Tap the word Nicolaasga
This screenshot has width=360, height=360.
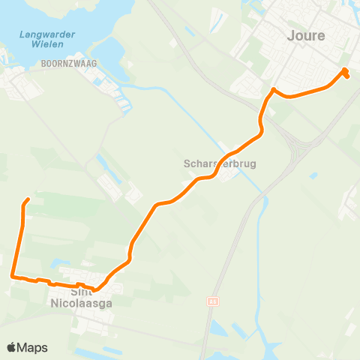click(81, 304)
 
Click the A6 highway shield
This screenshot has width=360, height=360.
click(211, 301)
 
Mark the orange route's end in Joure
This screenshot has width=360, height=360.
click(347, 76)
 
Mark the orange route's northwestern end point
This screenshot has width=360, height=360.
click(28, 199)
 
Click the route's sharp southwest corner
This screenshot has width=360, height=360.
click(13, 276)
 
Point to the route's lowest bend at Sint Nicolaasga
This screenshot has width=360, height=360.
click(94, 289)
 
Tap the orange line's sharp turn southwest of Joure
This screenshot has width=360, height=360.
click(273, 90)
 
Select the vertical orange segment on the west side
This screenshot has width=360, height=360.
click(22, 232)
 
